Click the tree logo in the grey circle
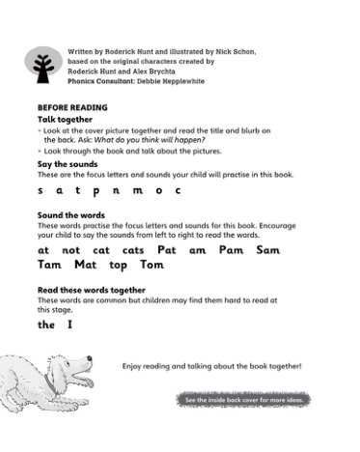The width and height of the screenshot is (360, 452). [x=42, y=66]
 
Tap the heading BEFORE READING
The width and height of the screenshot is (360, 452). [x=72, y=107]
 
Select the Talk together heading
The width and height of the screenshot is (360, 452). [x=65, y=119]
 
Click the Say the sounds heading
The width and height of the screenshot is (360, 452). [x=68, y=164]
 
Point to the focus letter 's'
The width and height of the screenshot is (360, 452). [x=41, y=191]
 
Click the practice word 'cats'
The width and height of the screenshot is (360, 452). [x=133, y=249]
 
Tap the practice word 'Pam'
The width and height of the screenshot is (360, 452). [x=231, y=249]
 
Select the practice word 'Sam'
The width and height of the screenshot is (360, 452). [x=268, y=249]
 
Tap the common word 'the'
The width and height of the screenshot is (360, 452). [x=46, y=325]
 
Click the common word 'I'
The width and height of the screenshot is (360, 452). [x=69, y=325]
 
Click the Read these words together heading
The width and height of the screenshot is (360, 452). [x=92, y=290]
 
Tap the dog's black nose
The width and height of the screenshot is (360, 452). [x=90, y=364]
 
